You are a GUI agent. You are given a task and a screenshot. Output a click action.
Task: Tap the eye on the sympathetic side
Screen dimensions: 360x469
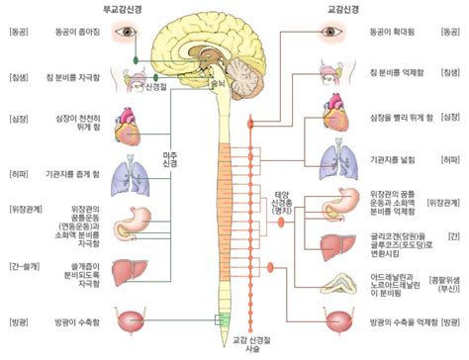330,33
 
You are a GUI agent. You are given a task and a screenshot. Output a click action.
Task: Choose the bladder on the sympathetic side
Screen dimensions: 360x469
331,322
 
